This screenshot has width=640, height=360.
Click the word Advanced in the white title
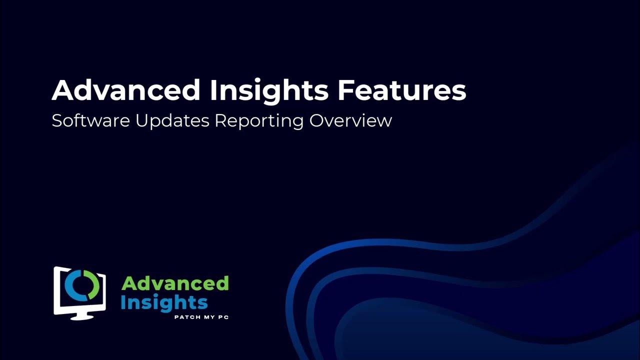[x=125, y=90]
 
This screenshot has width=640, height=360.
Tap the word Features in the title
[x=401, y=90]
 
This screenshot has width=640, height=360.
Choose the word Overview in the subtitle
[x=350, y=121]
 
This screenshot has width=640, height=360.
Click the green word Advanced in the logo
[x=175, y=284]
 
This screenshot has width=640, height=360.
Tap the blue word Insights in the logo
[x=164, y=302]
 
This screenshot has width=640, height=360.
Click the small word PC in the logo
[x=223, y=317]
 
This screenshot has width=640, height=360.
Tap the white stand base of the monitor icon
[x=79, y=316]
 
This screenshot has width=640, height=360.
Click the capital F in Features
[x=344, y=90]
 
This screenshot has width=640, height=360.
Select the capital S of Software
[x=56, y=121]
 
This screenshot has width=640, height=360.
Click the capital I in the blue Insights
[x=123, y=302]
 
